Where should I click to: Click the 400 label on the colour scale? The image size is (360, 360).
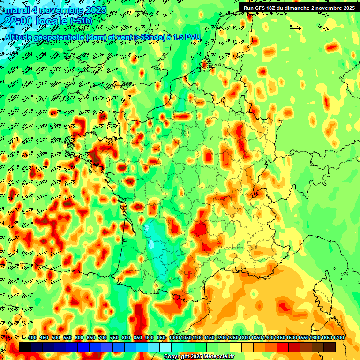32,338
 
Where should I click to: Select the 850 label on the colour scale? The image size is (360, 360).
138,338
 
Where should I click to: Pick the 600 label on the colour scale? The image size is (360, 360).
79,338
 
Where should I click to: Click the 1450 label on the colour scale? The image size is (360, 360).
280,338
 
